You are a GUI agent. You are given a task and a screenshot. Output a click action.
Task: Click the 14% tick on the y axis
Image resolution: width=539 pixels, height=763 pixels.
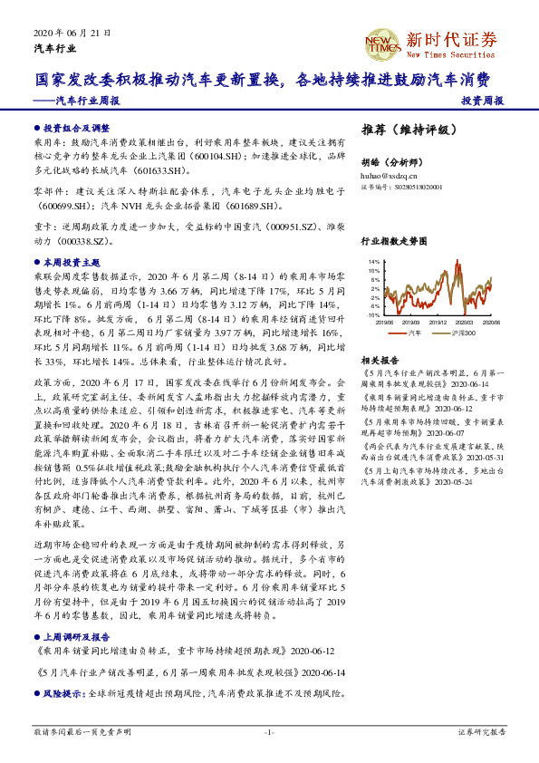click(x=374, y=261)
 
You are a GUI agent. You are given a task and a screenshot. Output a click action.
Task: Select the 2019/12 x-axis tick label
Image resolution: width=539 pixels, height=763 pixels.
click(x=438, y=320)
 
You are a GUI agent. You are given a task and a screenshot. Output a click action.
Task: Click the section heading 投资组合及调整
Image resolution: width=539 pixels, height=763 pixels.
click(x=76, y=128)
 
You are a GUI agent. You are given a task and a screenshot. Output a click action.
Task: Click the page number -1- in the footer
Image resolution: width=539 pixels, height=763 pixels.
click(x=268, y=730)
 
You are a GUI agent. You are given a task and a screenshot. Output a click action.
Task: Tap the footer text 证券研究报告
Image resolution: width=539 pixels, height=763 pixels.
click(x=480, y=730)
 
